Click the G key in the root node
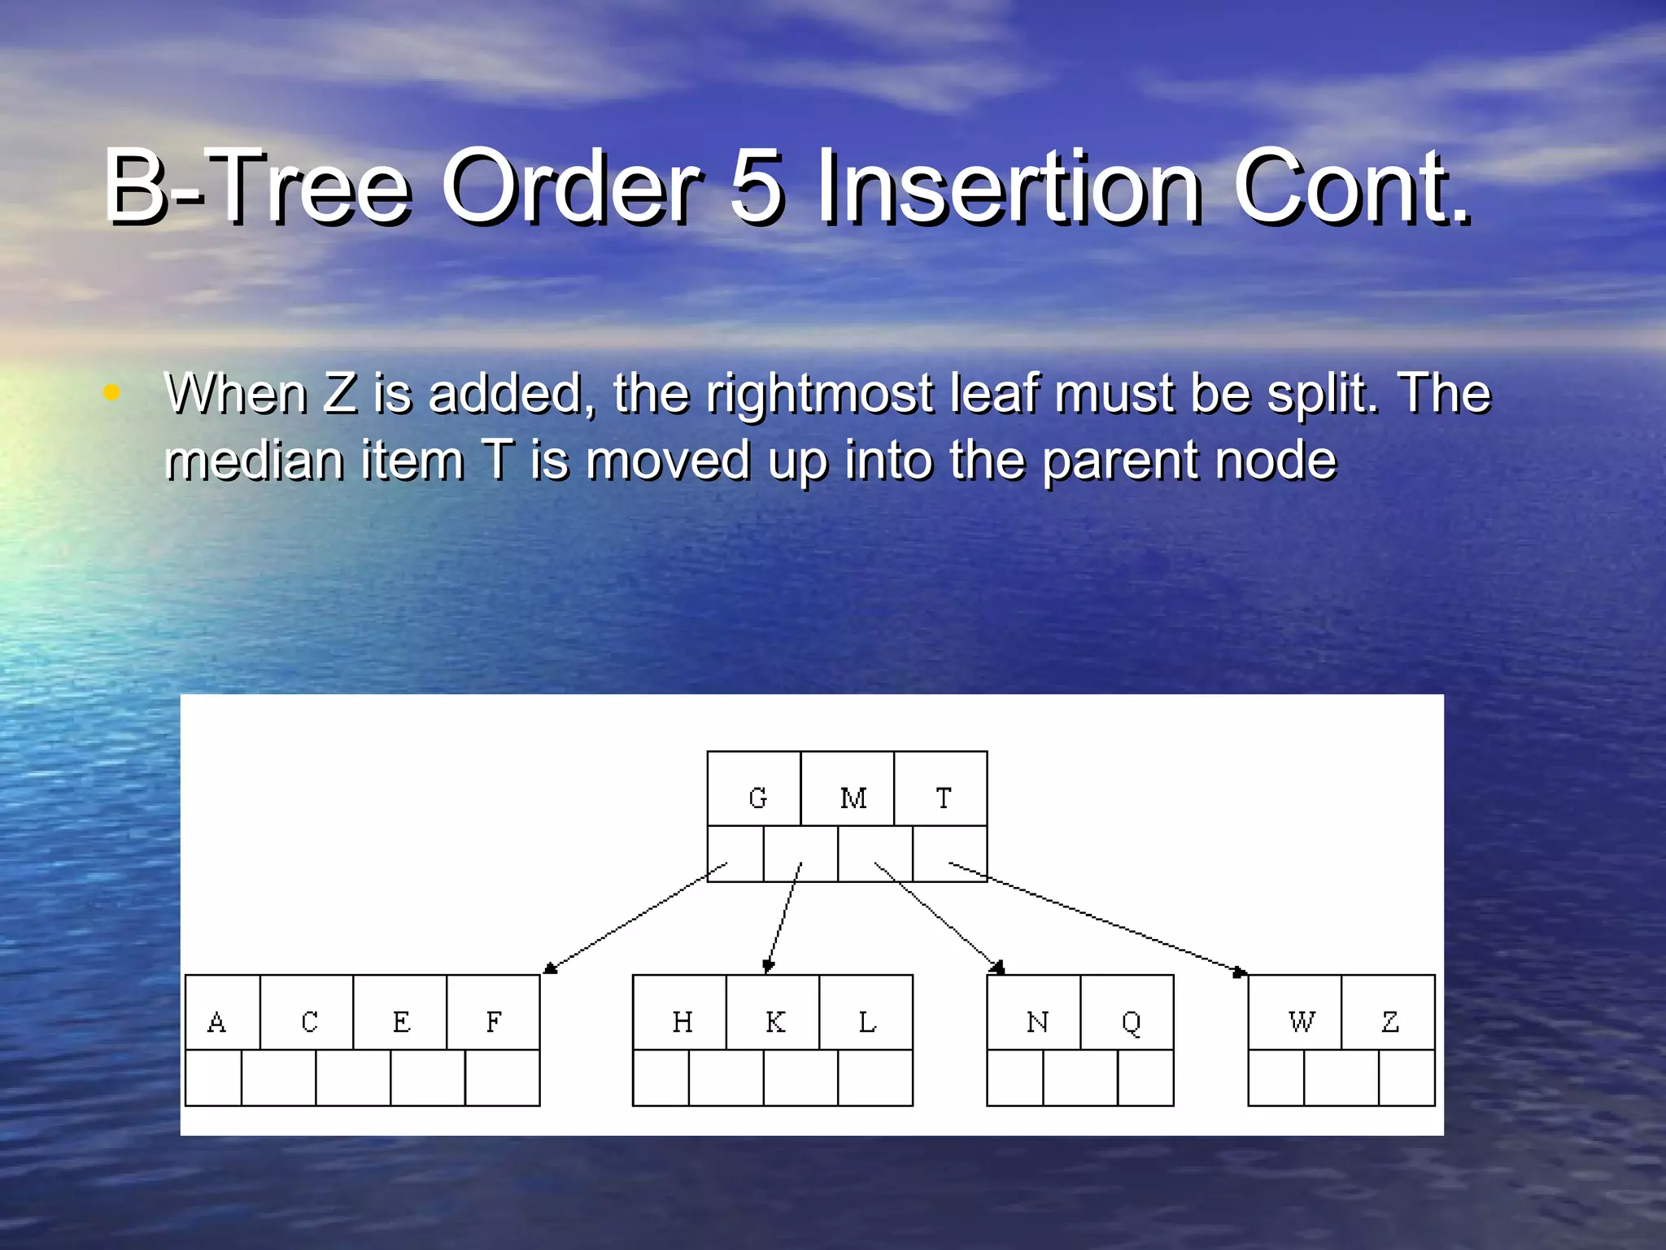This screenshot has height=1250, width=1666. pos(757,798)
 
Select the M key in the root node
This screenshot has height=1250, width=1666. pos(853,798)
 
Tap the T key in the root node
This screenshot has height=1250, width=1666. pos(943,798)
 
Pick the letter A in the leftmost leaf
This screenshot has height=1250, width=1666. pos(216,1021)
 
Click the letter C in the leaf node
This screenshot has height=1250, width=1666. pos(309,1021)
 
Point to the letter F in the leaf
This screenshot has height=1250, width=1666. pos(494,1021)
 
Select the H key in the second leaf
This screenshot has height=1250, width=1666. pos(683,1021)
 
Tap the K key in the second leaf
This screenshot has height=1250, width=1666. pos(775,1021)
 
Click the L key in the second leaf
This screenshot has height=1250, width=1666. pos(867,1021)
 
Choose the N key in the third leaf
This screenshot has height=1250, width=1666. pos(1037,1021)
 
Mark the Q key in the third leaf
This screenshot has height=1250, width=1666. pos(1131,1023)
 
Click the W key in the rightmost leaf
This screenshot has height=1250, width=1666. pos(1302,1021)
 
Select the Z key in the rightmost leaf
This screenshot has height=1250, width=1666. pos(1390,1021)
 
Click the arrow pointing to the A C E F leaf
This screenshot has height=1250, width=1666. pos(635,917)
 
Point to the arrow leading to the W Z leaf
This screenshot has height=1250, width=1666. pos(1098,918)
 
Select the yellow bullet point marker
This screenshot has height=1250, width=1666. pos(112,393)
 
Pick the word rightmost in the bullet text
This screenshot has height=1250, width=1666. pos(819,395)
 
